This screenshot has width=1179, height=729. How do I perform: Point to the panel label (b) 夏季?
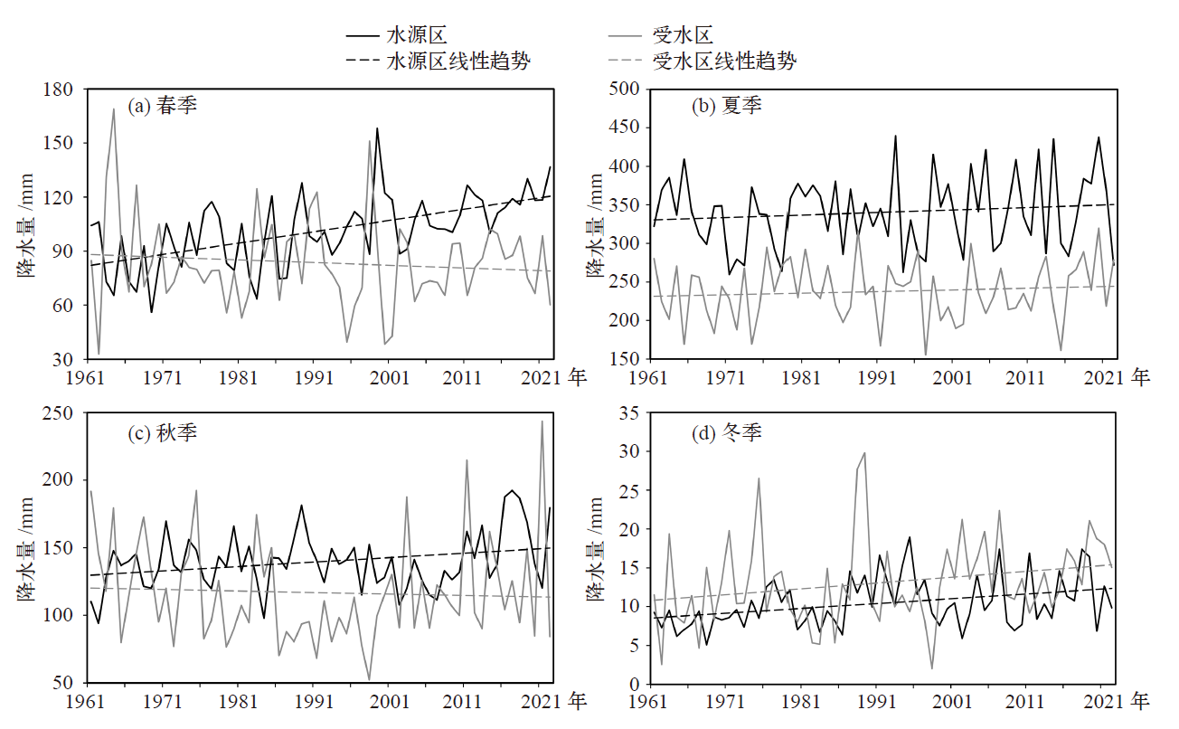pyautogui.click(x=727, y=106)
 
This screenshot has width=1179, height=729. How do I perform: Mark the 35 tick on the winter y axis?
pyautogui.click(x=630, y=412)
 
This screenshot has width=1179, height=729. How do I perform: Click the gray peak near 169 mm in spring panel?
pyautogui.click(x=114, y=109)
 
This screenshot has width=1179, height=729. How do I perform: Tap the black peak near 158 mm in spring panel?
pyautogui.click(x=377, y=128)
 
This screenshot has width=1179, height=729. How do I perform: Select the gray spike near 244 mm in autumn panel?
pyautogui.click(x=542, y=421)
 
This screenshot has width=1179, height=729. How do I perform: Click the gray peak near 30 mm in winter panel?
pyautogui.click(x=864, y=453)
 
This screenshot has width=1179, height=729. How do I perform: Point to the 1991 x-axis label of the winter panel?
pyautogui.click(x=876, y=701)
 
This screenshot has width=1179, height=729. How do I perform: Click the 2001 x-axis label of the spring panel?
pyautogui.click(x=388, y=376)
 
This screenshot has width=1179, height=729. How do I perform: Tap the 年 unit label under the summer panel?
pyautogui.click(x=1140, y=376)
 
